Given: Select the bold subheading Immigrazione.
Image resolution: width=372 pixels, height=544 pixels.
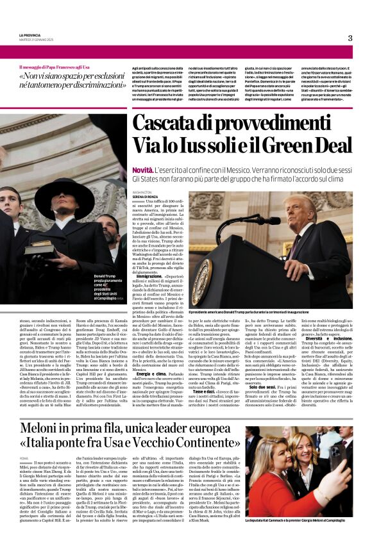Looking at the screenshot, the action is click(x=146, y=276).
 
